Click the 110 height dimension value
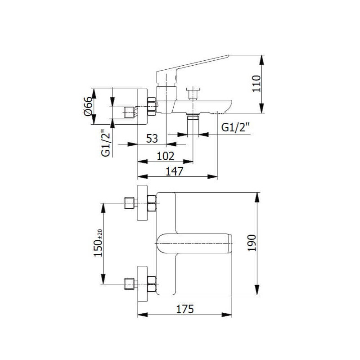click(256, 84)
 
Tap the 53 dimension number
click(152, 139)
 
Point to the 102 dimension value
click(166, 156)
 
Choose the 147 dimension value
click(175, 171)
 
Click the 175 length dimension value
click(185, 309)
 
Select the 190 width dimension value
click(252, 243)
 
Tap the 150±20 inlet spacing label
click(99, 243)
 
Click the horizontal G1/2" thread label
click(235, 127)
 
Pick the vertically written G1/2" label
click(106, 143)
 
